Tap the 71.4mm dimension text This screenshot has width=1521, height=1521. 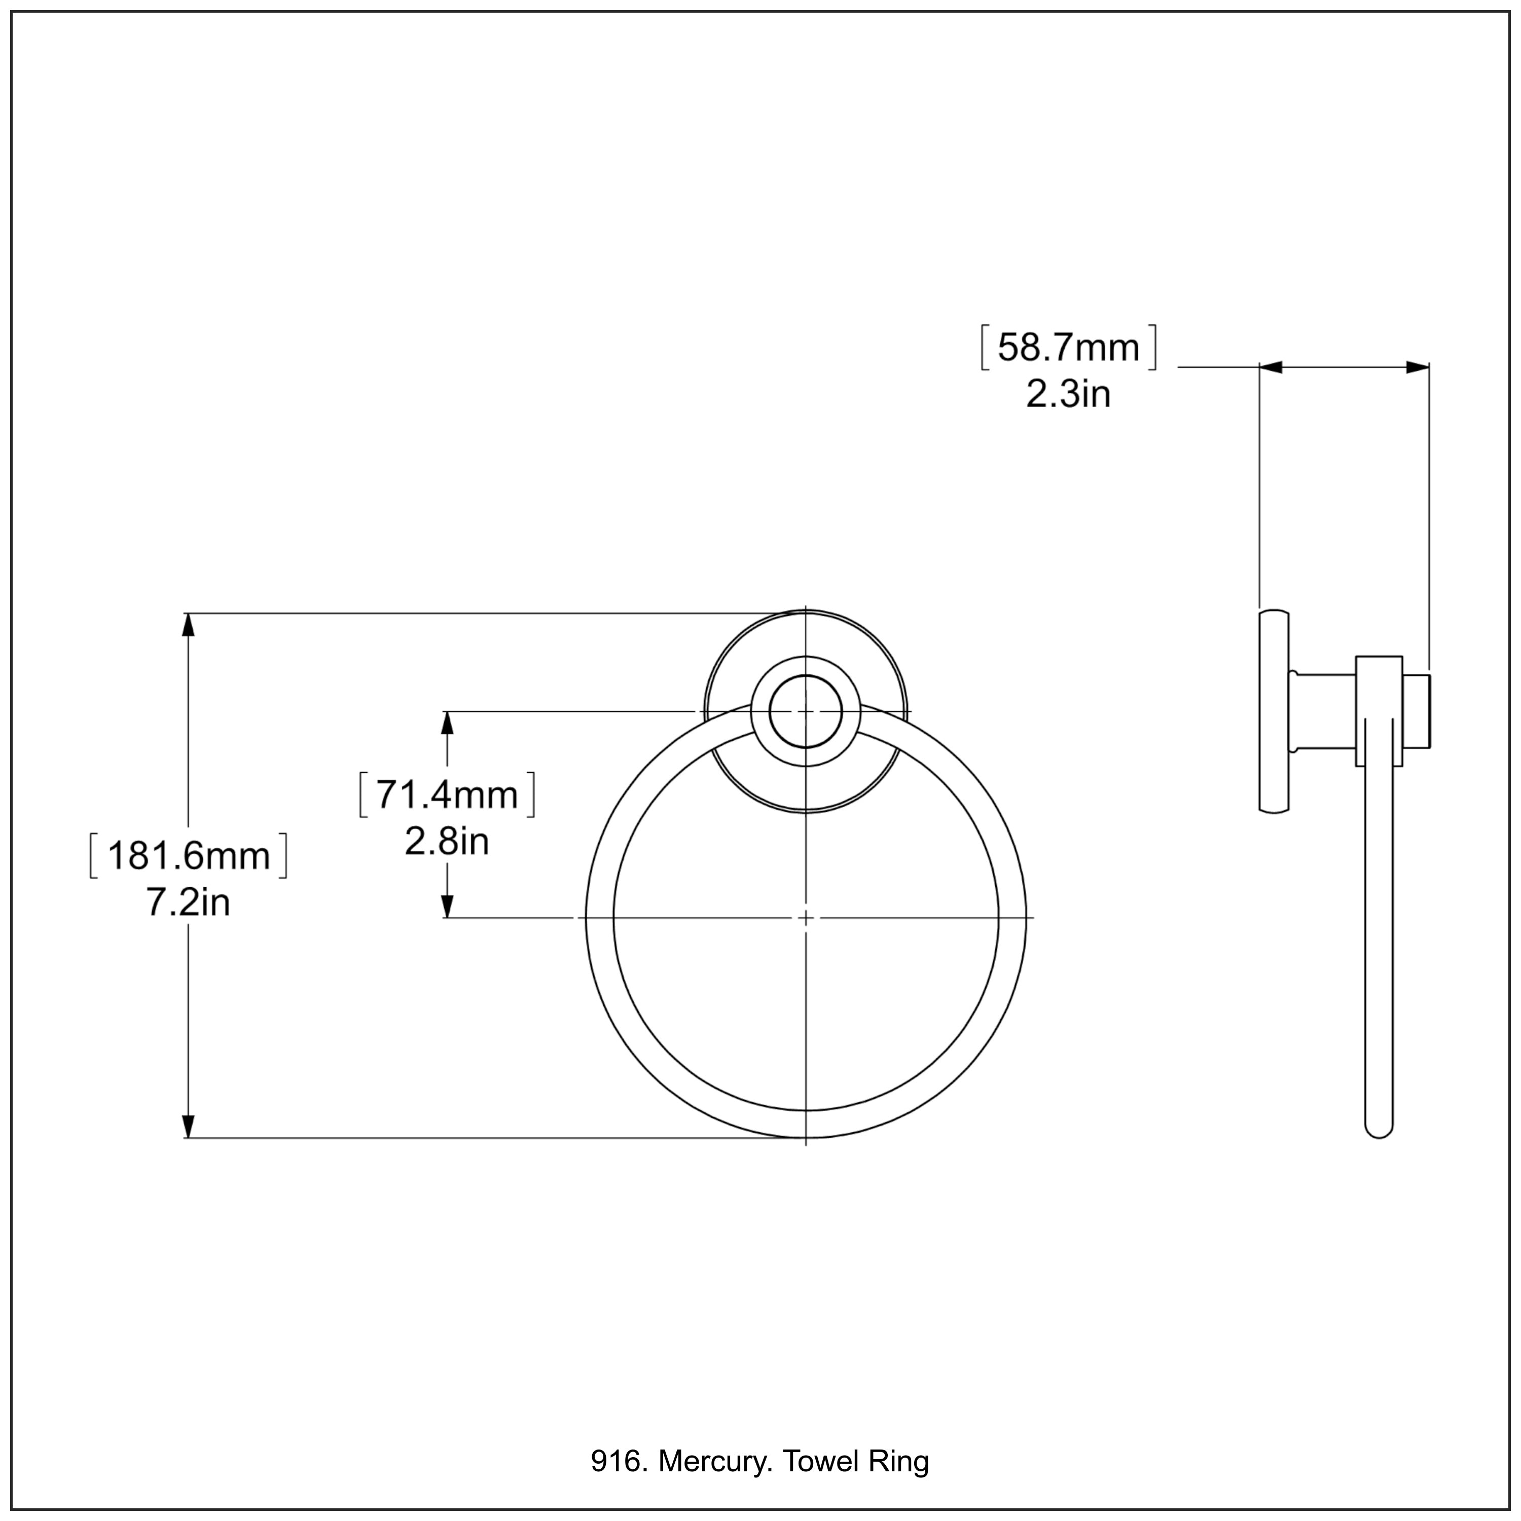pos(446,794)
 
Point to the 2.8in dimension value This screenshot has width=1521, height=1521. pos(446,842)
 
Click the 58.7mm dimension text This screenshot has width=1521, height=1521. pos(1068,348)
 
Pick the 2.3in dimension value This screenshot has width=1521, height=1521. pos(1068,393)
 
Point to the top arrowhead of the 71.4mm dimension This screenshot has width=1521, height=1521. pos(447,722)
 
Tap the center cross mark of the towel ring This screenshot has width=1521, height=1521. pos(806,918)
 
